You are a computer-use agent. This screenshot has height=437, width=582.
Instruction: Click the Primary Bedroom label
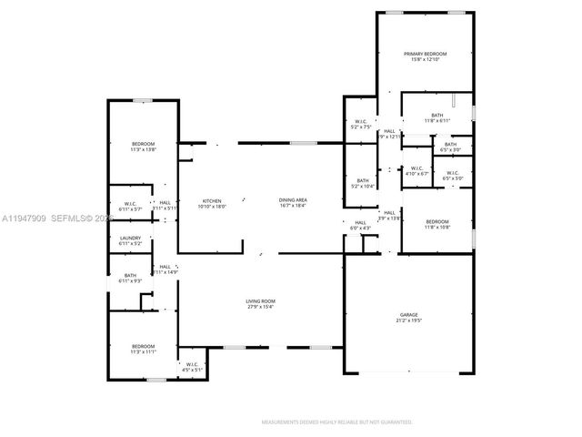(x=425, y=55)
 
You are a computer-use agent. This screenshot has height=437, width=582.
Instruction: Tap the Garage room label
(x=409, y=314)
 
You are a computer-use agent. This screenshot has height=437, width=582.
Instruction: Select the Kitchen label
(x=211, y=201)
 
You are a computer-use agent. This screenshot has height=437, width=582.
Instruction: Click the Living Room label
(x=260, y=302)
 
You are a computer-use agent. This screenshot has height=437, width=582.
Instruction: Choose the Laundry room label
(x=130, y=239)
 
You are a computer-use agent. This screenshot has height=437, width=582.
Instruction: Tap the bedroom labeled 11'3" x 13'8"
(x=143, y=144)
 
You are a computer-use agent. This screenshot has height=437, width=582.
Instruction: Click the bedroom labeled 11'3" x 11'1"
(x=143, y=346)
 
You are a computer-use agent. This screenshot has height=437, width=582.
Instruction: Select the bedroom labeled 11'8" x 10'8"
(x=437, y=221)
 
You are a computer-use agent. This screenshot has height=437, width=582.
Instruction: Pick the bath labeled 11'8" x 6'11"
(x=437, y=116)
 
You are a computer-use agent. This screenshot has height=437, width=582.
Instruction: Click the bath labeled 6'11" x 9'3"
(x=130, y=276)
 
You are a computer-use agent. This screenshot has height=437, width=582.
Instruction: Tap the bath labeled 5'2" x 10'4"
(x=363, y=181)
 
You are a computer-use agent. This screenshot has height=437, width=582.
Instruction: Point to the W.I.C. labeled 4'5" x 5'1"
(x=193, y=365)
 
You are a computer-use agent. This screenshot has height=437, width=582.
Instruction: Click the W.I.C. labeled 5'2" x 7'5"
(x=360, y=122)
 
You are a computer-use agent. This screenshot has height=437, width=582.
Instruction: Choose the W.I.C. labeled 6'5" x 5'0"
(x=452, y=173)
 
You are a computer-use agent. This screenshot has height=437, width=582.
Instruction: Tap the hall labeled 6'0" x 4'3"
(x=360, y=223)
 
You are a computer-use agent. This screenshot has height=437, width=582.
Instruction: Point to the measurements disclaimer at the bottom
(x=337, y=422)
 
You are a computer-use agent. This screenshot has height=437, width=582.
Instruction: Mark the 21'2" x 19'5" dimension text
(x=409, y=320)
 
